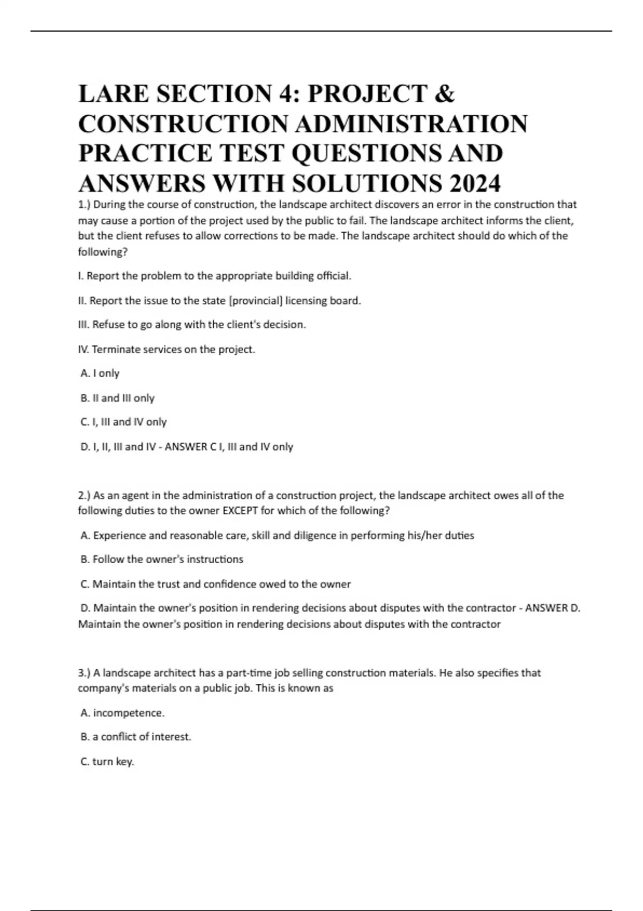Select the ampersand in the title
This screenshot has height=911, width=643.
click(x=445, y=94)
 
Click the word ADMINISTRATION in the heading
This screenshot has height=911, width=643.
click(x=411, y=124)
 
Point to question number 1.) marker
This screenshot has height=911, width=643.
click(x=85, y=205)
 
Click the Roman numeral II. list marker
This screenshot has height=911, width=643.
click(x=83, y=301)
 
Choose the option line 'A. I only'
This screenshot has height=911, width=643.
click(x=100, y=374)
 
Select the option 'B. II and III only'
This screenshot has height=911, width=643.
click(x=117, y=398)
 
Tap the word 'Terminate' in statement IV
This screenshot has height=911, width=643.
click(x=114, y=349)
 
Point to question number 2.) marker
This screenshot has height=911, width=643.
click(x=85, y=496)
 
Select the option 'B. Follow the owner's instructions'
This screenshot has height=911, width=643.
click(x=162, y=559)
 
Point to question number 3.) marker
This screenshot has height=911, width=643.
click(x=85, y=673)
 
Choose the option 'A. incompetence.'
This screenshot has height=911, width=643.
click(x=123, y=713)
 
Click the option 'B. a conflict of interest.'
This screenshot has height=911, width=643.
click(x=136, y=737)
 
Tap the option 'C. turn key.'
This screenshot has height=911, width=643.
click(x=107, y=762)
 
